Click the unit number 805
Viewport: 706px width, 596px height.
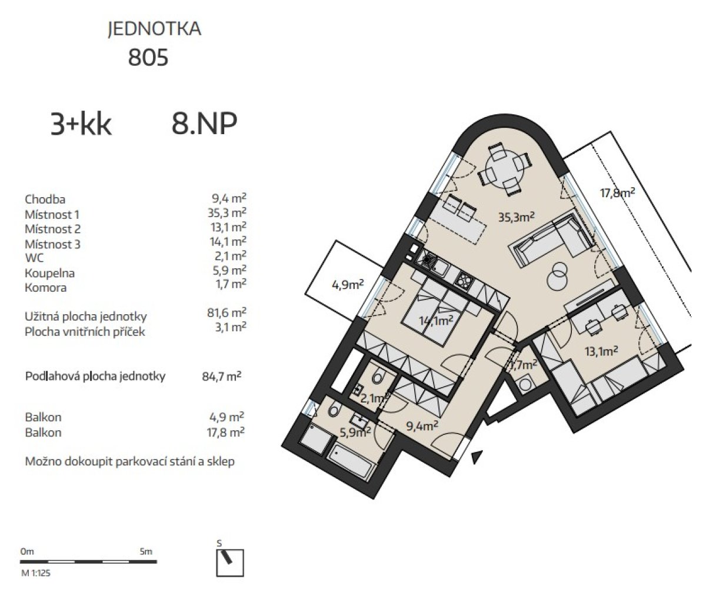[x=148, y=57]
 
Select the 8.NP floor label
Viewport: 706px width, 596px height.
[x=204, y=124]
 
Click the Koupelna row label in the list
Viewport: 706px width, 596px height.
[x=49, y=273]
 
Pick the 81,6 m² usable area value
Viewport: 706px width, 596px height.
[x=227, y=312]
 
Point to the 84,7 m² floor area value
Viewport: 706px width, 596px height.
[x=222, y=376]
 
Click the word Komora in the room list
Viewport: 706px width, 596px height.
[x=46, y=288]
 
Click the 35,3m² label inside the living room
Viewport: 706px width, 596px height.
[x=517, y=217]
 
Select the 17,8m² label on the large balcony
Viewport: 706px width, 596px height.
[x=617, y=193]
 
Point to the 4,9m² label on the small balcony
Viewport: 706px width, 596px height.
[x=348, y=285]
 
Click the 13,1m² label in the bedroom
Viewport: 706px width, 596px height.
[x=601, y=351]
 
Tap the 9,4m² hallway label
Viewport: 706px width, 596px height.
[x=422, y=426]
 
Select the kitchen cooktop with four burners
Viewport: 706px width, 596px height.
[x=463, y=280]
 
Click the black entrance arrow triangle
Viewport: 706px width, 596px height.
[x=477, y=457]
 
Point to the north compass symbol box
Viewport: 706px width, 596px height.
[x=230, y=563]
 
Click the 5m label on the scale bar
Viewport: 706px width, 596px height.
[x=146, y=551]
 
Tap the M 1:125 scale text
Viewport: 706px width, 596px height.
[x=36, y=573]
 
